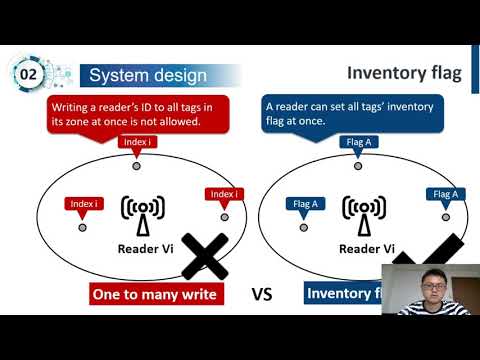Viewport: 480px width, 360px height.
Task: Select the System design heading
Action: click(148, 75)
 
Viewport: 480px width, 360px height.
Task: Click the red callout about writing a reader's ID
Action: click(137, 113)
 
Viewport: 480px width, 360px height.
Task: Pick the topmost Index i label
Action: click(137, 142)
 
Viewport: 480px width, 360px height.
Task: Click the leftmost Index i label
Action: click(84, 204)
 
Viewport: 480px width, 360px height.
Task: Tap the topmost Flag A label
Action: click(360, 142)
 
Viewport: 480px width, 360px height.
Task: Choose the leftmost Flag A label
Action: click(305, 204)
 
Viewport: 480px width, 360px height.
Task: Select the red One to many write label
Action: click(154, 294)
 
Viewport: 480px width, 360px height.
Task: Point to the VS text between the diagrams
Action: click(262, 294)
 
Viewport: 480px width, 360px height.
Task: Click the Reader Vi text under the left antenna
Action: click(146, 249)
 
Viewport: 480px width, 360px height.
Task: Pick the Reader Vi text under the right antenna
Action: click(367, 249)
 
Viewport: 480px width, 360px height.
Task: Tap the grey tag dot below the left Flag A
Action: click(304, 227)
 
